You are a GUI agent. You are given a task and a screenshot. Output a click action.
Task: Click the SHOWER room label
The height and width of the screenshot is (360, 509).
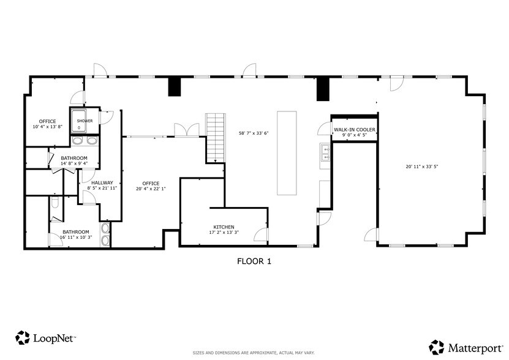coord(85,121)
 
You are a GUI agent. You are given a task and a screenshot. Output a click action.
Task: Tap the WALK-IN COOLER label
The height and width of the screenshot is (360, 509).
coord(354,130)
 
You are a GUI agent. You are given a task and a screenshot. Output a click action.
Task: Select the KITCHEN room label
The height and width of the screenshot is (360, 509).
coord(224,227)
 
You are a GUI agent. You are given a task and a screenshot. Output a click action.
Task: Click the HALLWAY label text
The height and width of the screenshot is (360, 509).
coord(102,182)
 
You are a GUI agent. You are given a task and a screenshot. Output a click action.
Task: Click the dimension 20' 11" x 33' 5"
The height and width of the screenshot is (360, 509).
coord(421,166)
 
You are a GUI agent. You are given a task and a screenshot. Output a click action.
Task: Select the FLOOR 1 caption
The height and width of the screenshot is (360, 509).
coord(254,261)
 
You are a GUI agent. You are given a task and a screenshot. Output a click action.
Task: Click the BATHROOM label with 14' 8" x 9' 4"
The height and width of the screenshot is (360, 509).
coord(74,158)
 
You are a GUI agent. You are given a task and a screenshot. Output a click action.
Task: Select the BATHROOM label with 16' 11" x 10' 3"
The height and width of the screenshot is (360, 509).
coord(76,232)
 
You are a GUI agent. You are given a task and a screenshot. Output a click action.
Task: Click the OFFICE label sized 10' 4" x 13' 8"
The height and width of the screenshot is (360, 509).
coord(47,121)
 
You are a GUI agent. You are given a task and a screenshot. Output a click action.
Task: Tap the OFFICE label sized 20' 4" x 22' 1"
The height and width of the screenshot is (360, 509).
coord(151,183)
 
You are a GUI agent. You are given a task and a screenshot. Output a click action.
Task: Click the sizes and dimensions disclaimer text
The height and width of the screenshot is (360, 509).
coord(254,353)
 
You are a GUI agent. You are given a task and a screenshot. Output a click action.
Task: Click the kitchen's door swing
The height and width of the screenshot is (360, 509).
coord(260,233)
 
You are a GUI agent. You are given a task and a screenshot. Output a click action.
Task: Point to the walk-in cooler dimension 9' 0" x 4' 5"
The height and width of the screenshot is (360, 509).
coord(354,135)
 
